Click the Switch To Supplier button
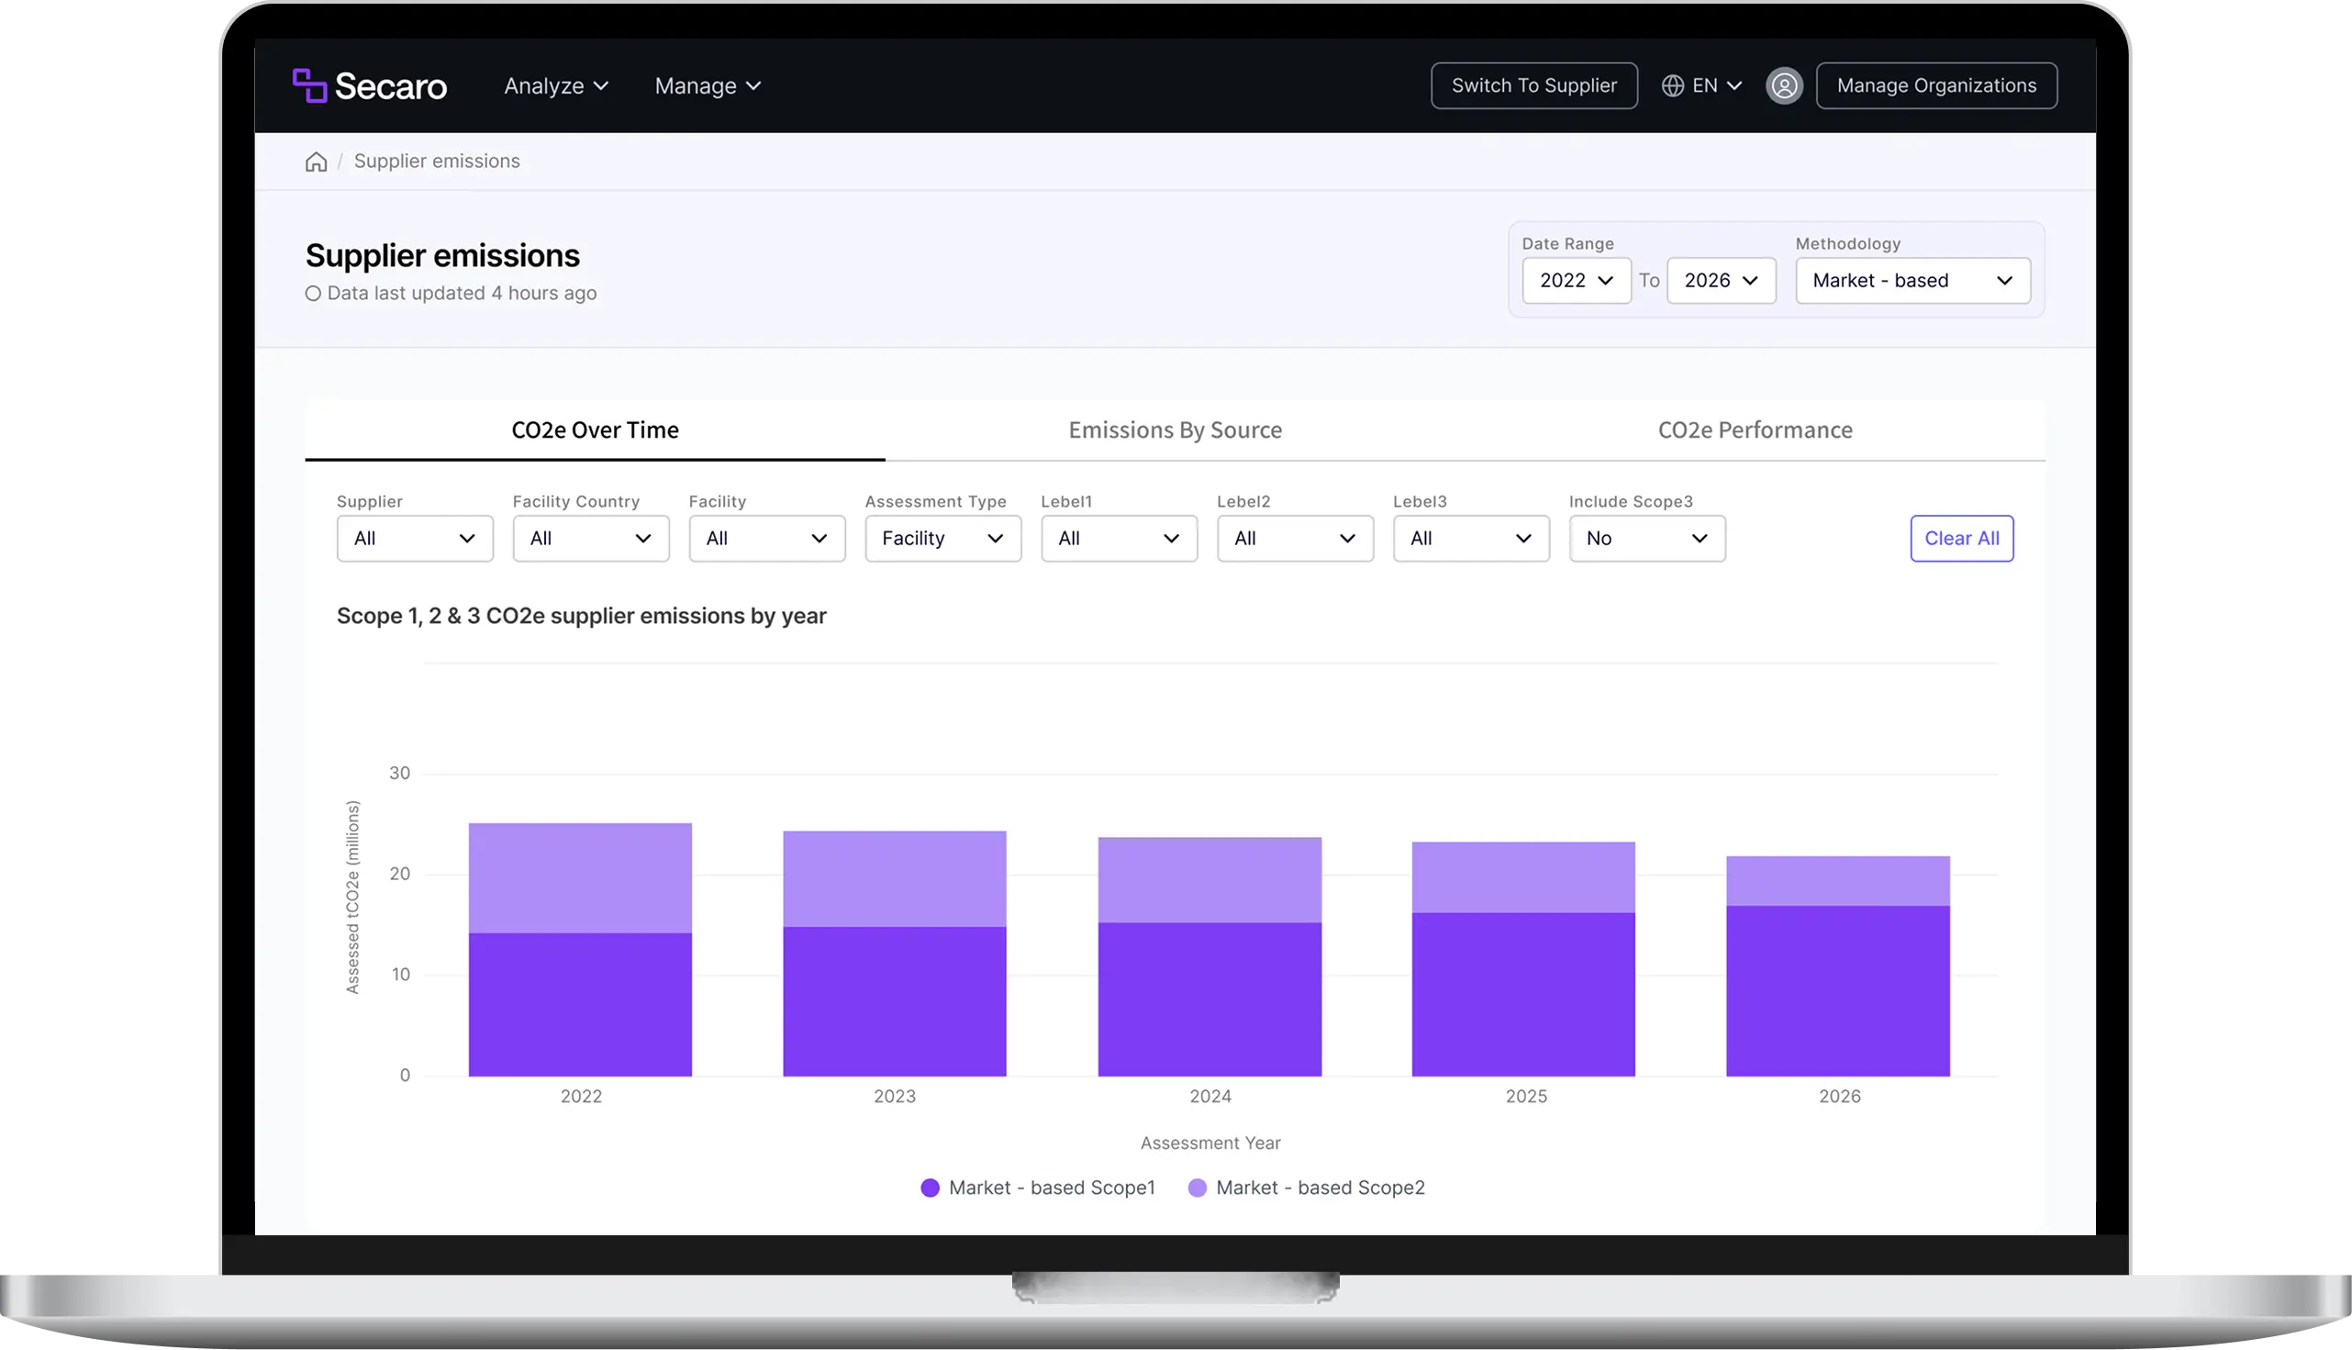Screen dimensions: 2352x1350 click(x=1533, y=85)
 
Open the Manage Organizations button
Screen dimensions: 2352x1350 click(x=1935, y=85)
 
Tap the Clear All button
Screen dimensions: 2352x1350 click(x=1961, y=538)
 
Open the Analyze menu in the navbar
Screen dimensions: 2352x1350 click(x=556, y=85)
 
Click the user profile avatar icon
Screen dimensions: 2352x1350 click(x=1784, y=85)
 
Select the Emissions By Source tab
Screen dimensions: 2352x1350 click(x=1175, y=430)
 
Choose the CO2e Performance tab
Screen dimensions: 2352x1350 click(x=1755, y=430)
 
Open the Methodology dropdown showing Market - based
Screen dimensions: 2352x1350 click(x=1912, y=280)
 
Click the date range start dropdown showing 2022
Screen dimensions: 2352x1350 click(x=1576, y=280)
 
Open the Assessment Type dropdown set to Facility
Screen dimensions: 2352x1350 click(x=942, y=538)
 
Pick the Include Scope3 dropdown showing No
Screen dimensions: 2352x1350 click(x=1646, y=538)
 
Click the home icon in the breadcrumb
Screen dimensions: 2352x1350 click(x=316, y=162)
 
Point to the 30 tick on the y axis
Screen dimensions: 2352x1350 click(x=399, y=773)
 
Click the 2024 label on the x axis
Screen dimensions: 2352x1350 click(x=1209, y=1096)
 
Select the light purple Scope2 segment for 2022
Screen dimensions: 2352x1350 click(x=579, y=878)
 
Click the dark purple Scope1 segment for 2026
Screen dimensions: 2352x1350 click(x=1837, y=991)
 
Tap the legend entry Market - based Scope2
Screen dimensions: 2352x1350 click(x=1306, y=1188)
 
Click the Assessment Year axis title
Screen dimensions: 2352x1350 click(x=1209, y=1144)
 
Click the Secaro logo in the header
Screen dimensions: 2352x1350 click(x=369, y=85)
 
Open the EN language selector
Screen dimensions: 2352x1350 click(x=1701, y=85)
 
